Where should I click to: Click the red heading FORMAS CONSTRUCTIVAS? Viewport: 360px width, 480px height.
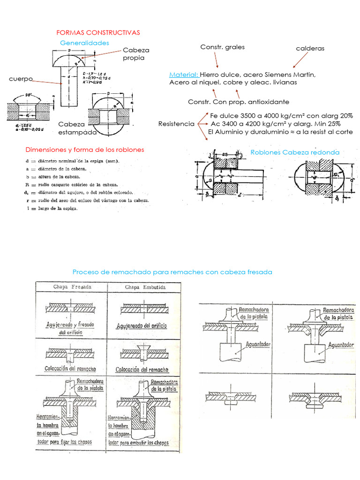tap(98, 33)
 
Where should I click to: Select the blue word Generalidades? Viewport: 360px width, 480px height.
tap(84, 43)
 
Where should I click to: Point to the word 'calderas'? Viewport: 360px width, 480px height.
tap(310, 48)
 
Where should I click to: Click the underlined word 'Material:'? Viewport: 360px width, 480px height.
tap(184, 75)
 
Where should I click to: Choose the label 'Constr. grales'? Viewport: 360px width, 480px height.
tap(222, 47)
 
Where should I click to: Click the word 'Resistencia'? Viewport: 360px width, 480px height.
tap(176, 124)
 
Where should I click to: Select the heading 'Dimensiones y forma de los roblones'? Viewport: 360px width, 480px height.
tap(85, 150)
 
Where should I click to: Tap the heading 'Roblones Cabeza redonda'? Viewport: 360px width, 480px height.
tap(295, 152)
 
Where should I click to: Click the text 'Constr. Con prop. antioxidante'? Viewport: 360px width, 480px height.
tap(239, 102)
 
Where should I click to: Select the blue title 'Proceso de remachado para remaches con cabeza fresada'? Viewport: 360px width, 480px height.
tap(172, 272)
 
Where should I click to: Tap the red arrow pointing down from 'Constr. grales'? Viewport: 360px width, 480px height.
tap(217, 60)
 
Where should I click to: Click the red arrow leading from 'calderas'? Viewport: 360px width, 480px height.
tap(300, 60)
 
